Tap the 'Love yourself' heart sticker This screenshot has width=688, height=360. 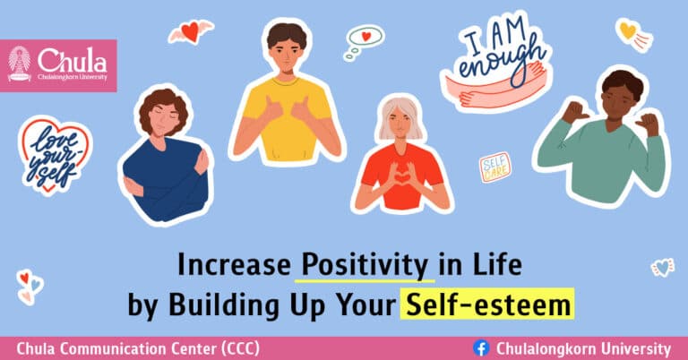coord(54,157)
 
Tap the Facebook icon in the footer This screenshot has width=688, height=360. coord(480,348)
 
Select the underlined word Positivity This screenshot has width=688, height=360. coord(363,265)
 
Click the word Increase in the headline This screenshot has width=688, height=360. coord(235,265)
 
